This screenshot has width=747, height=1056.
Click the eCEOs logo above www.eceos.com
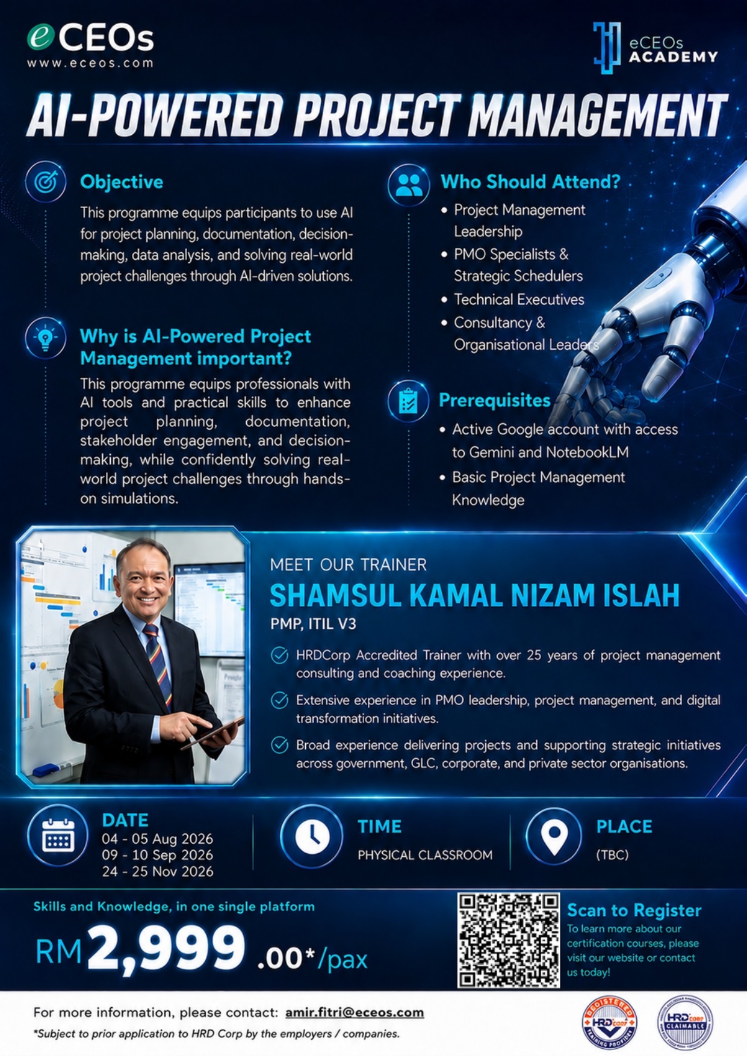pyautogui.click(x=90, y=38)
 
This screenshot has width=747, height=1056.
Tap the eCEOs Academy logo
pyautogui.click(x=656, y=48)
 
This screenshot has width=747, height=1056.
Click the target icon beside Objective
pyautogui.click(x=46, y=181)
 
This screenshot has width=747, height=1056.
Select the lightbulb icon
pyautogui.click(x=46, y=338)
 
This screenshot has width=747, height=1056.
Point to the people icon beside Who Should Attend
pyautogui.click(x=409, y=185)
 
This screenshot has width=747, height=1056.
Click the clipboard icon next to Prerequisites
pyautogui.click(x=408, y=400)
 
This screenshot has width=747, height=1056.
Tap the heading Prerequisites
pyautogui.click(x=494, y=400)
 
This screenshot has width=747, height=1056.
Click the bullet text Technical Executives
pyautogui.click(x=519, y=299)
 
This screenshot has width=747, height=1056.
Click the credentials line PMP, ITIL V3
pyautogui.click(x=313, y=624)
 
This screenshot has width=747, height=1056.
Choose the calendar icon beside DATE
pyautogui.click(x=58, y=836)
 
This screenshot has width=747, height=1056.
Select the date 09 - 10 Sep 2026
pyautogui.click(x=158, y=855)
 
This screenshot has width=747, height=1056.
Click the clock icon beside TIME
pyautogui.click(x=311, y=836)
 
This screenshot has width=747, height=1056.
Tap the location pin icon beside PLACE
pyautogui.click(x=554, y=836)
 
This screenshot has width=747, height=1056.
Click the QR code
pyautogui.click(x=509, y=940)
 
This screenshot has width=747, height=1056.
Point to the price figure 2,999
pyautogui.click(x=166, y=948)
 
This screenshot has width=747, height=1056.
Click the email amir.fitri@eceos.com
pyautogui.click(x=355, y=1013)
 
